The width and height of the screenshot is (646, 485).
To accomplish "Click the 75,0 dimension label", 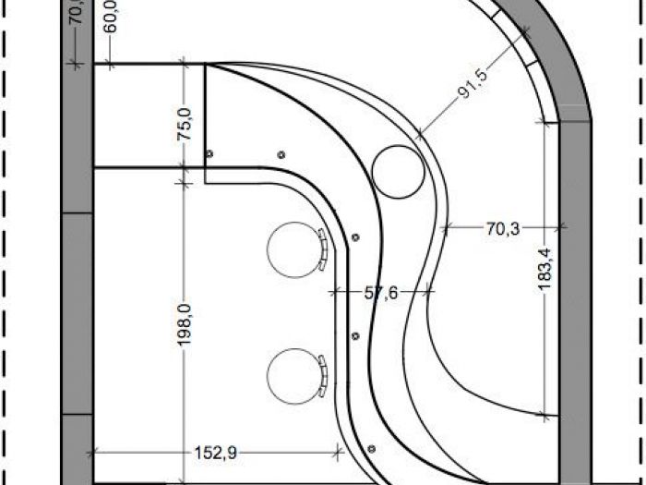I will point(184,124).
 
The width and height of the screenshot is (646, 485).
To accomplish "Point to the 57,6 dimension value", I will point(380,293).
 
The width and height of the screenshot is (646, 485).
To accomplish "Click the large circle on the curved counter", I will point(400,170).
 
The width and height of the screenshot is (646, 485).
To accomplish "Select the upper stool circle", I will point(290,249).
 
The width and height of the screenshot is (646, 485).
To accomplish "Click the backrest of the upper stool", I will point(324,249).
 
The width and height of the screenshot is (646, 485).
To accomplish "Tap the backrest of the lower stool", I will point(324,373).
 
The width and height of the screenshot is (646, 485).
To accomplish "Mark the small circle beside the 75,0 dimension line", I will point(209,153).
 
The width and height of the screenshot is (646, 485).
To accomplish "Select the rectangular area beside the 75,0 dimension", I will point(138,115).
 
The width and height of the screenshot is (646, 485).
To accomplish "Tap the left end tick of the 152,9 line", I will point(94,452).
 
